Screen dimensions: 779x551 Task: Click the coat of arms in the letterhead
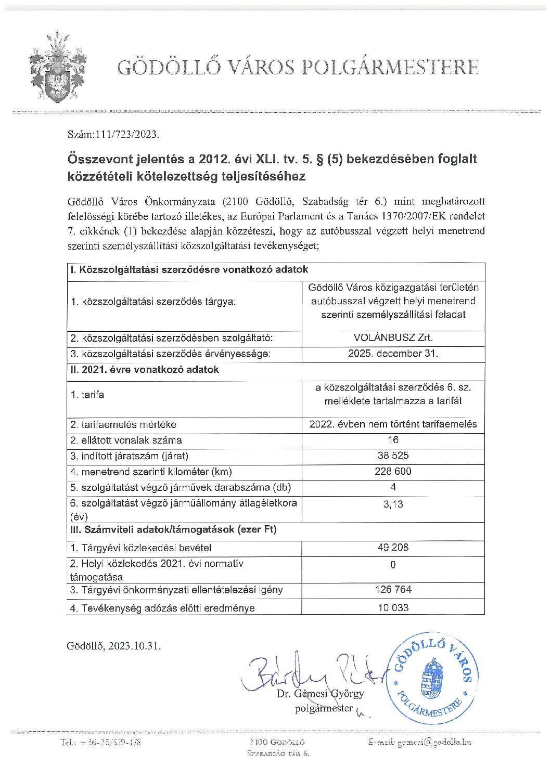[x=57, y=68]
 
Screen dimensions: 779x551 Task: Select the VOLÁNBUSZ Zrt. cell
[x=393, y=337]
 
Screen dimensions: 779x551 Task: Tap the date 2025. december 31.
[x=393, y=354]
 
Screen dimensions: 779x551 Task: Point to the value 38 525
[x=393, y=456]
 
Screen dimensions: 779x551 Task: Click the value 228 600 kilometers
[x=393, y=471]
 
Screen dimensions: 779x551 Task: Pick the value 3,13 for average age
[x=393, y=504]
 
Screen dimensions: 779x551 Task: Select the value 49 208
[x=393, y=547]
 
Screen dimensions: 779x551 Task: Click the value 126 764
[x=393, y=589]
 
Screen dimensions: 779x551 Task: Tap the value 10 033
[x=393, y=607]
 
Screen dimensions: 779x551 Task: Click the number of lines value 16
[x=393, y=440]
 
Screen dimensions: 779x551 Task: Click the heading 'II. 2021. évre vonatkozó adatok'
[x=145, y=370]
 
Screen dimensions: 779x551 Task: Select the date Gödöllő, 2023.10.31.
[x=113, y=646]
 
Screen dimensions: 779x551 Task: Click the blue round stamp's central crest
[x=431, y=679]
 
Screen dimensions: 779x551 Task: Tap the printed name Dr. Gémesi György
[x=321, y=694]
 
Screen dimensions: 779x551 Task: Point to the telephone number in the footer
[x=100, y=742]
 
